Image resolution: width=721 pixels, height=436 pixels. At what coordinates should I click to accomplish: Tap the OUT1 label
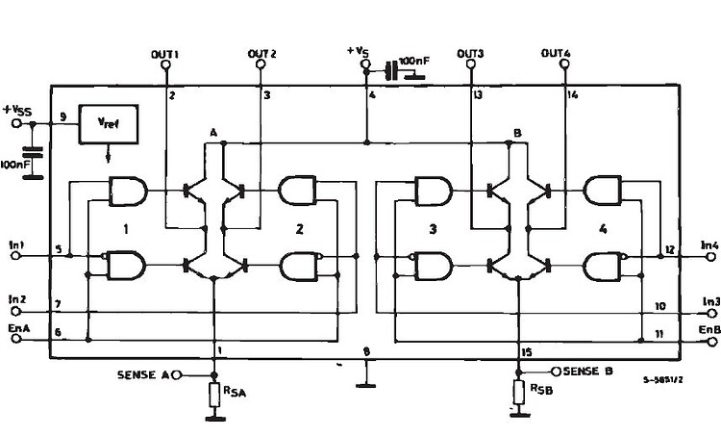(166, 53)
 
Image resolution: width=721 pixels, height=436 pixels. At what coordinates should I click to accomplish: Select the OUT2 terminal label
(262, 53)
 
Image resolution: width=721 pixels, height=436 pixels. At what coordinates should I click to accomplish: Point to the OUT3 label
(470, 53)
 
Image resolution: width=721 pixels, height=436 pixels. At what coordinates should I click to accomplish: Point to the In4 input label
(709, 246)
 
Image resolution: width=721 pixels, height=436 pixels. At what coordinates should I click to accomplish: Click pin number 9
(62, 116)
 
